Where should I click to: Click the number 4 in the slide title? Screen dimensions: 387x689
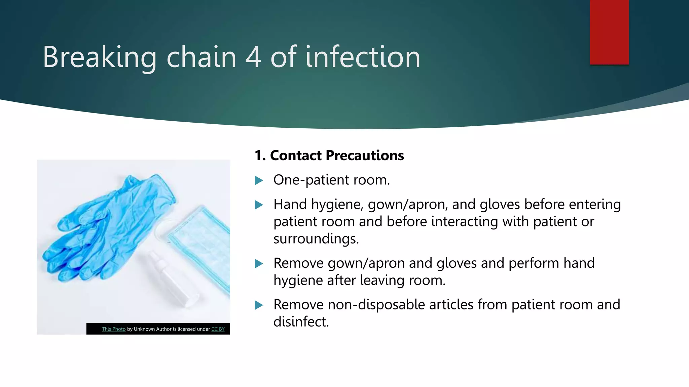pyautogui.click(x=253, y=57)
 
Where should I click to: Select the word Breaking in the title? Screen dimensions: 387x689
pyautogui.click(x=100, y=57)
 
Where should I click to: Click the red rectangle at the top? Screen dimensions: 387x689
pyautogui.click(x=609, y=32)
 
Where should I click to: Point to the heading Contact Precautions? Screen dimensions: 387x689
pyautogui.click(x=329, y=156)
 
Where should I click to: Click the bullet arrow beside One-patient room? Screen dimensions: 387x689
pyautogui.click(x=259, y=181)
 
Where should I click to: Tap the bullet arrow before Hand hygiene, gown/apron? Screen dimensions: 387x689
pyautogui.click(x=259, y=205)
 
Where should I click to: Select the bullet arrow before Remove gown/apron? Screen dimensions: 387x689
pyautogui.click(x=259, y=264)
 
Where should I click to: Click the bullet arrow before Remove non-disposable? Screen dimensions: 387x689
pyautogui.click(x=259, y=305)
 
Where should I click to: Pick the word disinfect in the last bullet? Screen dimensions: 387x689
pyautogui.click(x=301, y=322)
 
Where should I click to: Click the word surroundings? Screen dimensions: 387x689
pyautogui.click(x=316, y=239)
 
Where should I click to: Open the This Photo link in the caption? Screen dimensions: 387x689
pyautogui.click(x=114, y=329)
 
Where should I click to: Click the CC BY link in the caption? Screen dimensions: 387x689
pyautogui.click(x=218, y=329)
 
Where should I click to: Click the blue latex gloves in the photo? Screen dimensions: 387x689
pyautogui.click(x=108, y=228)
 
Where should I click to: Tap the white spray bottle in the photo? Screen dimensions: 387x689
pyautogui.click(x=173, y=279)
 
